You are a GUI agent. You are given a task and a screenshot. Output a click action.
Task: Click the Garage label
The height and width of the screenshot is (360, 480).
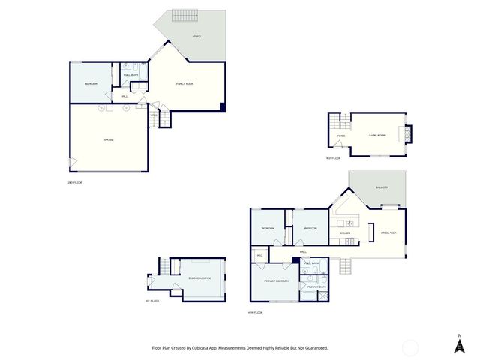click(x=108, y=140)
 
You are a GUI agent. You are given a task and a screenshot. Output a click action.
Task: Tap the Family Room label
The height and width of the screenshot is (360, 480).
click(x=185, y=83)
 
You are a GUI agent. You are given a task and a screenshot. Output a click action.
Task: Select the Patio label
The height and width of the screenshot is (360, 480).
click(x=197, y=36)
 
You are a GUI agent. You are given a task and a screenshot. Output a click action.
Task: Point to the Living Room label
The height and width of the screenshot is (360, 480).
click(x=376, y=135)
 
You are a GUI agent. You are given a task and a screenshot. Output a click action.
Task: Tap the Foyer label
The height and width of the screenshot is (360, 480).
click(x=340, y=136)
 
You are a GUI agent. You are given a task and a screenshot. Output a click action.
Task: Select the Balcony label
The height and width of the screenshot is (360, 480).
click(x=379, y=187)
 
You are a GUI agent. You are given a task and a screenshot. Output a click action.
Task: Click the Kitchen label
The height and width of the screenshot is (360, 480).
click(x=346, y=232)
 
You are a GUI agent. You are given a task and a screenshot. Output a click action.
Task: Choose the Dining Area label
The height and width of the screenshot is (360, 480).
click(x=388, y=233)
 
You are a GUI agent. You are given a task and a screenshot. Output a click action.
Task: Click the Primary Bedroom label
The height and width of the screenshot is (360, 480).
click(x=277, y=280)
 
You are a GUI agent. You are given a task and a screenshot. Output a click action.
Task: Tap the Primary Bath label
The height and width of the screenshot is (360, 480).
click(x=313, y=286)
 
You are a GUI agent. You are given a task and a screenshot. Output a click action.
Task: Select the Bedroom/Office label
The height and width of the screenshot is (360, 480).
click(x=200, y=277)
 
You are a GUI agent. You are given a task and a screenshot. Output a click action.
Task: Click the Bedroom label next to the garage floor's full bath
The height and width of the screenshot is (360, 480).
click(x=91, y=82)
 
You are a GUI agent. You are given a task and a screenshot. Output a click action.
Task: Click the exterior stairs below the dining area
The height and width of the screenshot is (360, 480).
click(x=345, y=266)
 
